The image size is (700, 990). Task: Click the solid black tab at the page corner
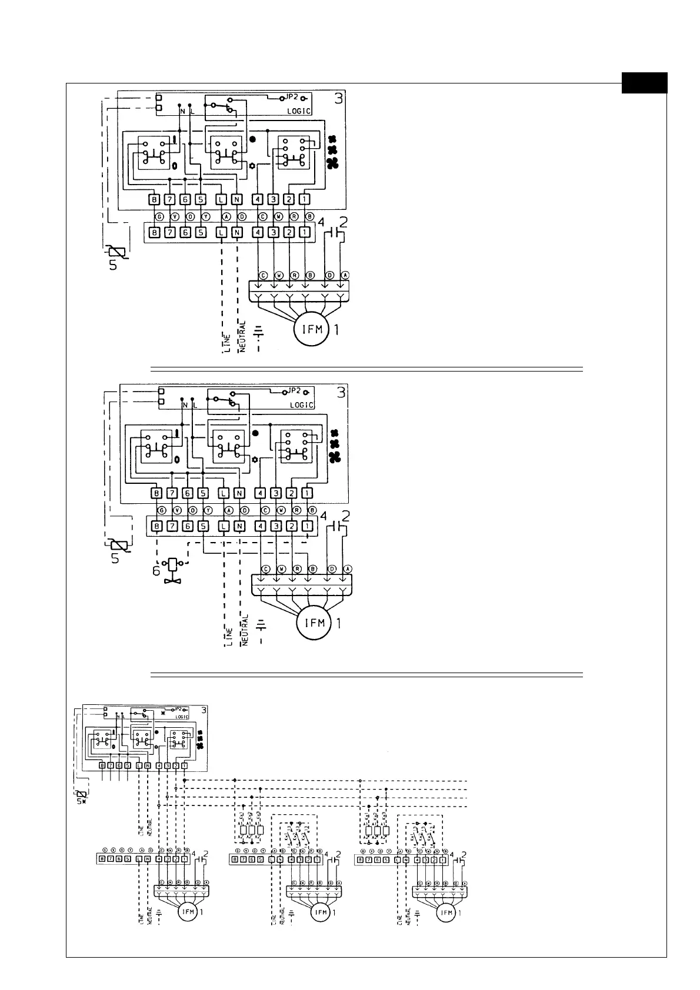[645, 82]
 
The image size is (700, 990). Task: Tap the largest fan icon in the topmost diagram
[333, 163]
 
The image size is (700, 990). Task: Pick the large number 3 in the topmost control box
[338, 98]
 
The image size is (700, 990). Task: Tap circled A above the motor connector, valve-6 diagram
[348, 569]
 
